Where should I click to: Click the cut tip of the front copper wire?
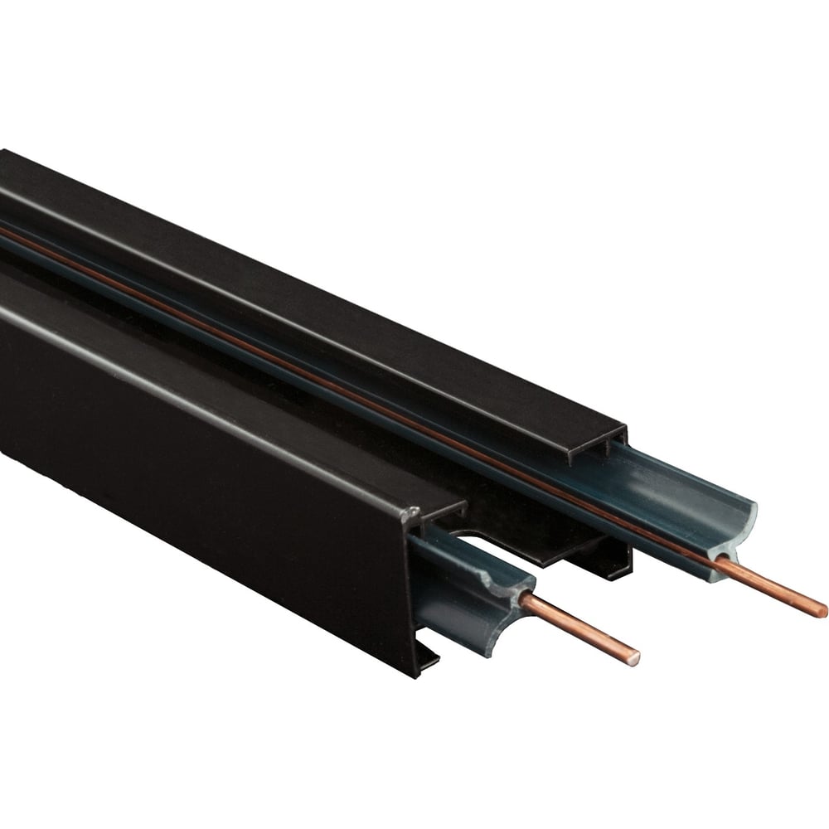click(x=634, y=658)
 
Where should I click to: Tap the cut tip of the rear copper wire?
click(x=822, y=612)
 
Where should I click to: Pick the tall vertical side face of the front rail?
click(x=207, y=464)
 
